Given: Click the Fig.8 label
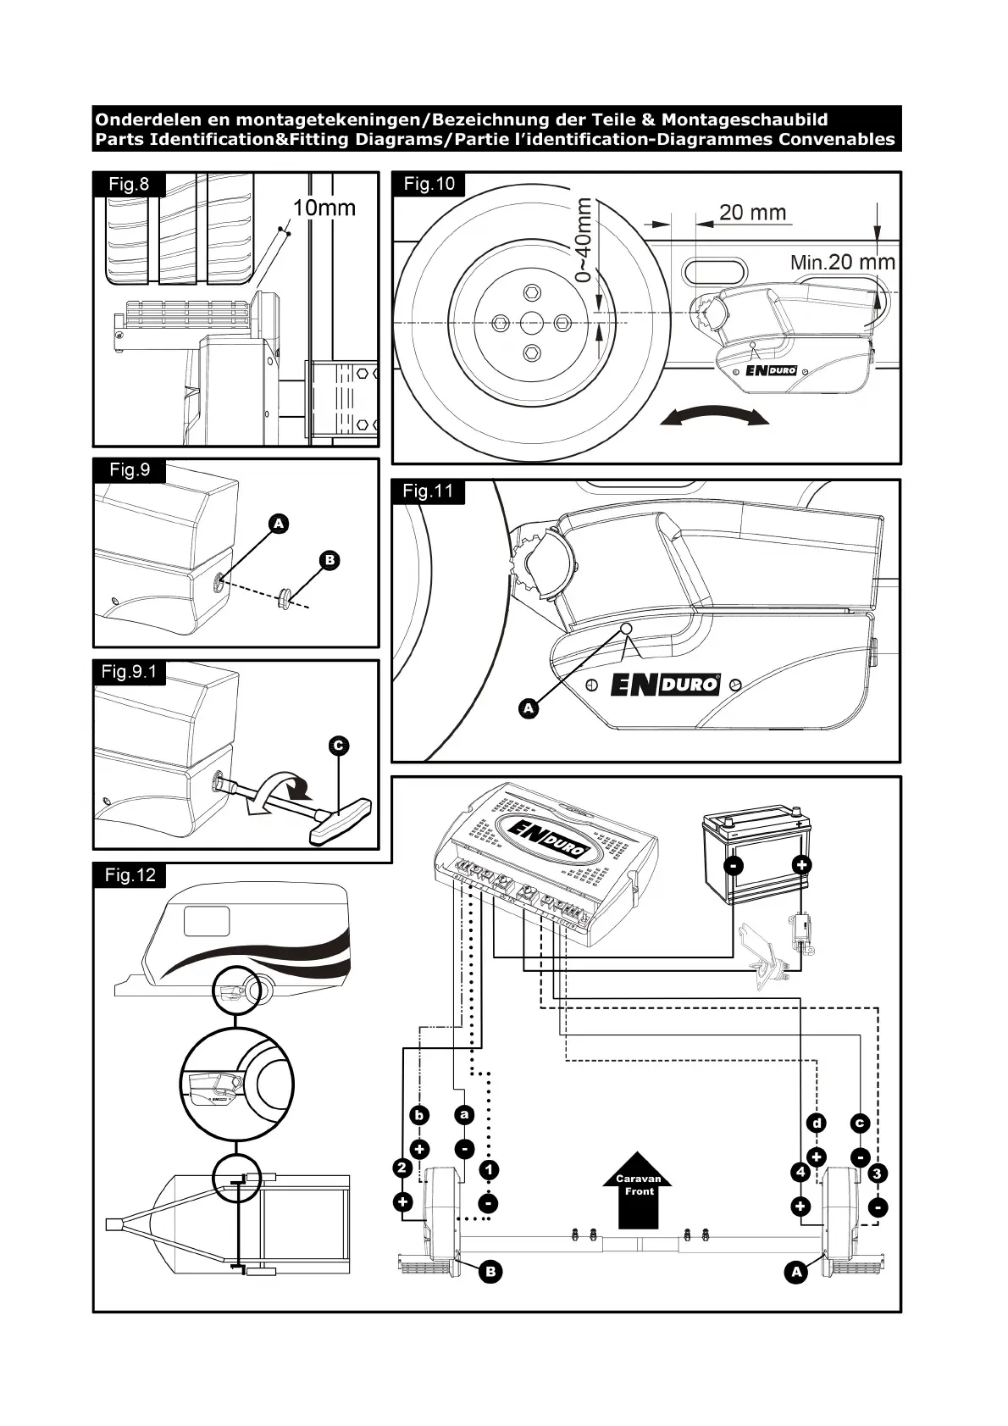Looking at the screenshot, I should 129,185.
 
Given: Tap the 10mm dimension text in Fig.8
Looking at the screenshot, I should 324,208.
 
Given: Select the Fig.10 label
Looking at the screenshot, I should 429,184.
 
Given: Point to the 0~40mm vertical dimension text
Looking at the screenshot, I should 584,240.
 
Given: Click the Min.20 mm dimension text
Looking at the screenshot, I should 842,262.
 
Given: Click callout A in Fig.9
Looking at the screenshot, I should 279,524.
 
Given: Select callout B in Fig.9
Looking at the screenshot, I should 330,560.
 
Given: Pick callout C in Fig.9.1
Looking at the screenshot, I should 338,746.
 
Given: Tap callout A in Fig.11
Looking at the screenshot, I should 529,707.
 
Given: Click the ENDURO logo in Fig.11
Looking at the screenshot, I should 665,684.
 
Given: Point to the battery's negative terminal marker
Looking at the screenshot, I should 734,865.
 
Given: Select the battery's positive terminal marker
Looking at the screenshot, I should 801,865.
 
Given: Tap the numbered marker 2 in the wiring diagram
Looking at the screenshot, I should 402,1169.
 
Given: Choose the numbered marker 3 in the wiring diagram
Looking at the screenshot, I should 878,1174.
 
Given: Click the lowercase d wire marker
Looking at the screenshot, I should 816,1124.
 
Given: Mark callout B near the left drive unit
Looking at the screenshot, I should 490,1271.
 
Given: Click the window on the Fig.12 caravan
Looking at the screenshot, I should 208,920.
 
